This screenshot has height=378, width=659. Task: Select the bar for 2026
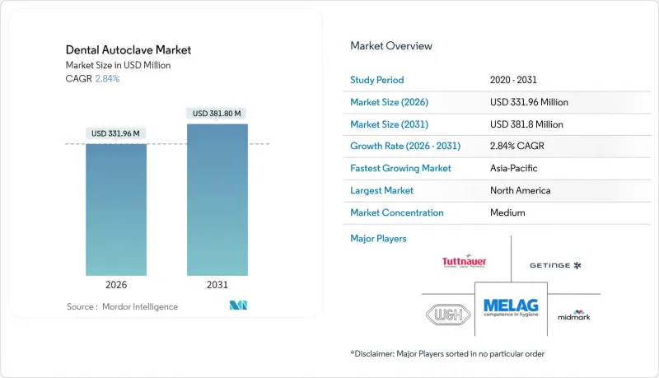[x=116, y=210]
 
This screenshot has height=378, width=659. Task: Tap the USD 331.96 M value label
[x=116, y=133]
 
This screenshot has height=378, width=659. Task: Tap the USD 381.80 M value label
[x=217, y=114]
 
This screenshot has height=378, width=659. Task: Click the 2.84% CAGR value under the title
[x=107, y=79]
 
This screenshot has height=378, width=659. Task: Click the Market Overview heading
[x=390, y=46]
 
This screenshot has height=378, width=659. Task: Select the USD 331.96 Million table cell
[x=529, y=102]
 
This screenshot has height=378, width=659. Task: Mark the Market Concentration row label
[x=397, y=212]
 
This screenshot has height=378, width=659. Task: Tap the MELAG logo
[x=511, y=308]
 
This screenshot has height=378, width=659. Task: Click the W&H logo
[x=446, y=315]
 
